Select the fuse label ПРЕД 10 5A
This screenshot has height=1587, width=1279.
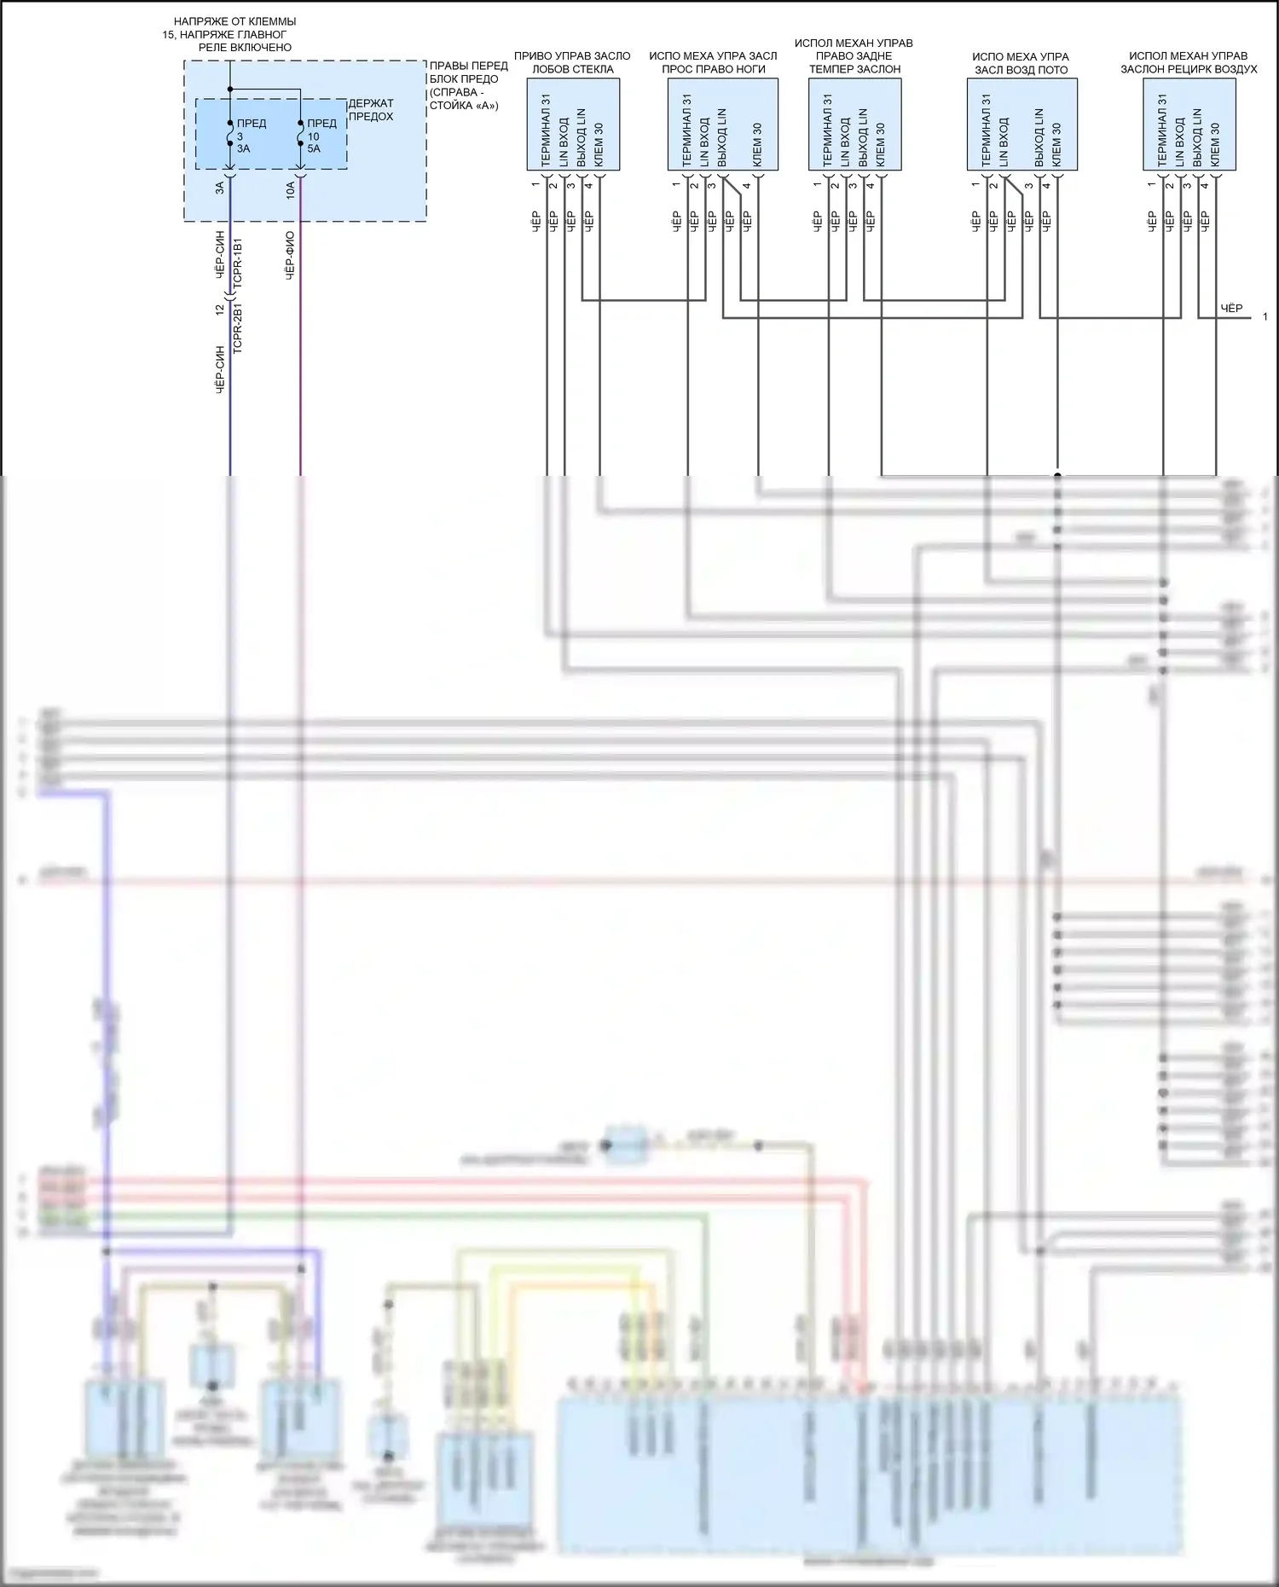click(321, 136)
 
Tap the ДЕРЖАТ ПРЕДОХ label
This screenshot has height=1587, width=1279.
click(371, 110)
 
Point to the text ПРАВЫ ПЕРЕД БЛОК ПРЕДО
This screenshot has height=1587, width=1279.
click(468, 72)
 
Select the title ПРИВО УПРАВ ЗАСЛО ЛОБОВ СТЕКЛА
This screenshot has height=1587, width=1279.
click(572, 62)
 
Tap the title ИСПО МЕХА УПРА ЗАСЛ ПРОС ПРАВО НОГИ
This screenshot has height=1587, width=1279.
click(713, 62)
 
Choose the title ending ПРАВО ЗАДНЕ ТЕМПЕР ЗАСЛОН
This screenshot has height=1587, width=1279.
click(854, 56)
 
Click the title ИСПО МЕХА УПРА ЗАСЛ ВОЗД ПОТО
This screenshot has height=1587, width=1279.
click(1021, 63)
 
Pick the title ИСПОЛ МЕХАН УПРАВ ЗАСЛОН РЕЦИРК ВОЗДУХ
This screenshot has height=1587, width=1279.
click(1189, 62)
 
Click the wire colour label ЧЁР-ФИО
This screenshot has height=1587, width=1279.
click(290, 255)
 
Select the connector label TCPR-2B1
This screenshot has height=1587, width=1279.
click(239, 328)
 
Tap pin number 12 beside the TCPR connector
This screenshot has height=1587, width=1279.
click(219, 310)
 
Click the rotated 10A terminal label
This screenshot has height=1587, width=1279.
click(290, 189)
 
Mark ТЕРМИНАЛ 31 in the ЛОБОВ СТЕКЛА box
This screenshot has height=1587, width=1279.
click(545, 130)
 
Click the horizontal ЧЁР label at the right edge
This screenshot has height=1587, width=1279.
click(1231, 308)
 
